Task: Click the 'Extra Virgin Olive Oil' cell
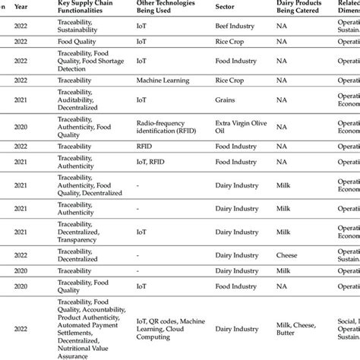tap(242, 126)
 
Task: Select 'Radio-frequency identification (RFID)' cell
tap(169, 126)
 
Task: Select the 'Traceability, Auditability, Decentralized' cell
tap(79, 99)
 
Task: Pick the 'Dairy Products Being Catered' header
tap(303, 7)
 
